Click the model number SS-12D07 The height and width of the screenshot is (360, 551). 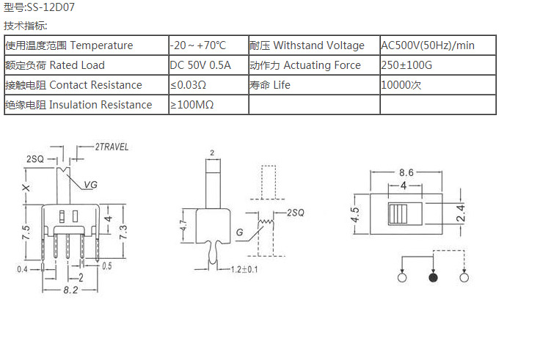pos(50,8)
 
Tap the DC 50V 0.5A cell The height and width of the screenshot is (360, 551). pos(200,65)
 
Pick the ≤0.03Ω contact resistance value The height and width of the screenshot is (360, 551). pos(189,85)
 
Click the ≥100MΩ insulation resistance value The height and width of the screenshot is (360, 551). pos(192,105)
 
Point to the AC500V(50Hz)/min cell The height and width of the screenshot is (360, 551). pos(428,45)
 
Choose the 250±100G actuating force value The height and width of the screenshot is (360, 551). pos(407,65)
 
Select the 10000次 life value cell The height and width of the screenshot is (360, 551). pos(401,85)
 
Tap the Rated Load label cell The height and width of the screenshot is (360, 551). pos(55,65)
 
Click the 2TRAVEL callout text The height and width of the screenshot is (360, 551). pos(112,147)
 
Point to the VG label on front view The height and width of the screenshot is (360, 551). pos(90,185)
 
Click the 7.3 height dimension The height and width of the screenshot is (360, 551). pos(124,232)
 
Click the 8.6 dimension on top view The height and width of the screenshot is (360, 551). pos(406,172)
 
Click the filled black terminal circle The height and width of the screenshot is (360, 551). pos(433,279)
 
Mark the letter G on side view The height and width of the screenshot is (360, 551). pos(240,233)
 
